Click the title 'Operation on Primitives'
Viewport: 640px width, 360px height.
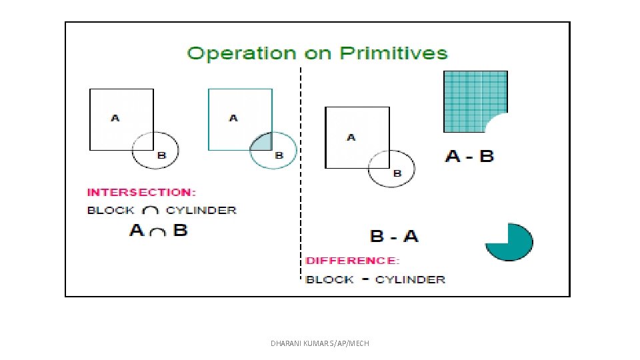point(317,53)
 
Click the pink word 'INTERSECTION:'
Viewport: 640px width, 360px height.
point(141,192)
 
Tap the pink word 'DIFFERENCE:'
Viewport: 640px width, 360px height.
point(353,261)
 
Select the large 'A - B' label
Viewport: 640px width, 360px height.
point(469,157)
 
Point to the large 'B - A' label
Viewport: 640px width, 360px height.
point(394,236)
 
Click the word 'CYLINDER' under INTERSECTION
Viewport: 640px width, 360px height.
point(201,210)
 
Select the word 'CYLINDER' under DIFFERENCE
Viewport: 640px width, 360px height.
point(410,279)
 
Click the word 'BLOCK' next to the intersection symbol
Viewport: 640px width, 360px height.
point(111,210)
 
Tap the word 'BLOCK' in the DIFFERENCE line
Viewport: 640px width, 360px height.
point(329,279)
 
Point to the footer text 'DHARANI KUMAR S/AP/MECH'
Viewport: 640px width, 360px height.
point(320,343)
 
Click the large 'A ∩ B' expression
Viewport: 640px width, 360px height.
point(159,231)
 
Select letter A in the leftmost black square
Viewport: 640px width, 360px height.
point(115,118)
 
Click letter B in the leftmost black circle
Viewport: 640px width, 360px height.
point(161,155)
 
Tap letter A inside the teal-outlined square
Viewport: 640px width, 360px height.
point(233,118)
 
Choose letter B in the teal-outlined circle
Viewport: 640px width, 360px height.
point(279,155)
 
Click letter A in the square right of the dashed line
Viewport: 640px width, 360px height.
point(351,137)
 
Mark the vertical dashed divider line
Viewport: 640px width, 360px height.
point(301,173)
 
